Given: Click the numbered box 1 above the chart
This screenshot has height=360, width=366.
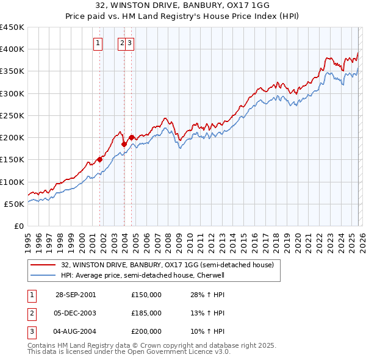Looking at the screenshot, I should click(98, 43).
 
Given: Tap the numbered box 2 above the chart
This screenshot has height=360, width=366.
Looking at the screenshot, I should click(122, 43).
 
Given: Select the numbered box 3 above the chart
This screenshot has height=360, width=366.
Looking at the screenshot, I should click(131, 43).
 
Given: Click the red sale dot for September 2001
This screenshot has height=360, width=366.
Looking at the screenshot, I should click(100, 160).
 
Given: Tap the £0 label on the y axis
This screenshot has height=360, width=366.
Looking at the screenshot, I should click(18, 226).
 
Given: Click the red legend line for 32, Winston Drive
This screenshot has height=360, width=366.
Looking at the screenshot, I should click(43, 265).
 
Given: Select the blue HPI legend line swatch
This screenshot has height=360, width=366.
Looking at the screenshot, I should click(43, 275).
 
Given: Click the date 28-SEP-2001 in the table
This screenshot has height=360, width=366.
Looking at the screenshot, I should click(76, 295).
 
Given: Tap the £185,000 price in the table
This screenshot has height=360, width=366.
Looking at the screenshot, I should click(146, 313).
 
